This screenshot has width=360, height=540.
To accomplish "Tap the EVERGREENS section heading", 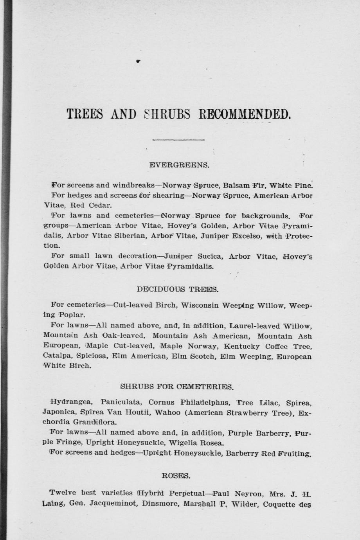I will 180,165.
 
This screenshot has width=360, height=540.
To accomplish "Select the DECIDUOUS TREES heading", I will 178,290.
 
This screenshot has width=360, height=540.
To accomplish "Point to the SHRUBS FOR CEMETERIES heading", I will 177,387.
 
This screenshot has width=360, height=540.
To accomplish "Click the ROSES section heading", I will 176,476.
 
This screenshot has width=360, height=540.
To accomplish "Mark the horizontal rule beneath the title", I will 178,139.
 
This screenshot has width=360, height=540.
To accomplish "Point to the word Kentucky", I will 241,346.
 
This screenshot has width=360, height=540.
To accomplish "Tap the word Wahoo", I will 167,412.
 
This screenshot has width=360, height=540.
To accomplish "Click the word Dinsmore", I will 161,504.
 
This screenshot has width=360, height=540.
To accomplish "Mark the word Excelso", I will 250,236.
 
